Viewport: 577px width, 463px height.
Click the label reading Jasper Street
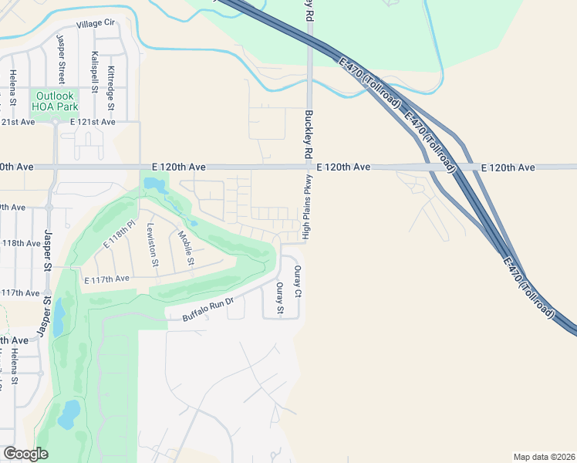[x=60, y=58]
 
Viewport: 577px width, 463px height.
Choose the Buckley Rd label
[x=309, y=130]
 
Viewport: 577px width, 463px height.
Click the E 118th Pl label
[x=120, y=235]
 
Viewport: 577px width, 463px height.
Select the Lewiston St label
[x=152, y=244]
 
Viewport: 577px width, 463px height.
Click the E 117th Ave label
[x=107, y=279]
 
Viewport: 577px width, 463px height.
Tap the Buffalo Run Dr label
[x=208, y=309]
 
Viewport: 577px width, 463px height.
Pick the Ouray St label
[x=280, y=299]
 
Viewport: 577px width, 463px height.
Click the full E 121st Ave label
[x=92, y=122]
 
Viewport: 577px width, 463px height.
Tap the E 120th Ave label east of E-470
[x=508, y=167]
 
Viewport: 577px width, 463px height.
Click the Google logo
[x=25, y=454]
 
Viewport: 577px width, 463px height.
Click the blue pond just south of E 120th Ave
[x=154, y=185]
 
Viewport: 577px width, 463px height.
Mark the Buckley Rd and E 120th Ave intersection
[x=309, y=167]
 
